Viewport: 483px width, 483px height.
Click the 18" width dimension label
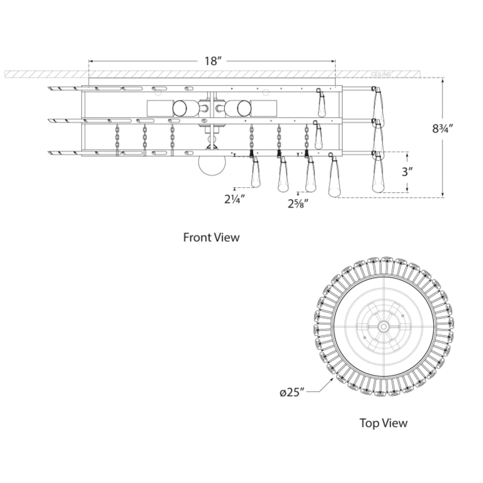pyautogui.click(x=211, y=61)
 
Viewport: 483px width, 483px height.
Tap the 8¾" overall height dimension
pyautogui.click(x=443, y=128)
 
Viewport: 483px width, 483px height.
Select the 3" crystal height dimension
pyautogui.click(x=407, y=172)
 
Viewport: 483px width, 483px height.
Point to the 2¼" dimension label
pyautogui.click(x=235, y=199)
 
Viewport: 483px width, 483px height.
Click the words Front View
pyautogui.click(x=211, y=237)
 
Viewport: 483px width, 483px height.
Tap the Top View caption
pyautogui.click(x=384, y=423)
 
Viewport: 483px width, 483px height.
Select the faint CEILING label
pyautogui.click(x=380, y=74)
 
